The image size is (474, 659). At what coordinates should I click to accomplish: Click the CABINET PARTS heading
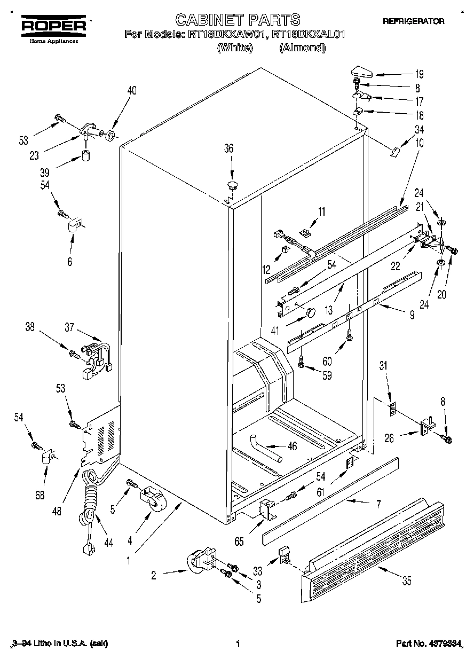(238, 20)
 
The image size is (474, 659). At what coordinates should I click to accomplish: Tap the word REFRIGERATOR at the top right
(413, 21)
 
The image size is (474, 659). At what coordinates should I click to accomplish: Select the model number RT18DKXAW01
(228, 35)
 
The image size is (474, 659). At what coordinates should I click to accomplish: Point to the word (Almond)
(303, 48)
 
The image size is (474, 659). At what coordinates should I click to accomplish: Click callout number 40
(131, 90)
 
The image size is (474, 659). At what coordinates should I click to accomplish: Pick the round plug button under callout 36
(232, 185)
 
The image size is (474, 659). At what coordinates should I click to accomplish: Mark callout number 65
(239, 542)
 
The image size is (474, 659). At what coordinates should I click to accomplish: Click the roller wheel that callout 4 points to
(153, 498)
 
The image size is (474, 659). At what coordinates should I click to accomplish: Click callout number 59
(327, 375)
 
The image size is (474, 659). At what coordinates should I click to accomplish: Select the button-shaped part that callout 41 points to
(311, 311)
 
